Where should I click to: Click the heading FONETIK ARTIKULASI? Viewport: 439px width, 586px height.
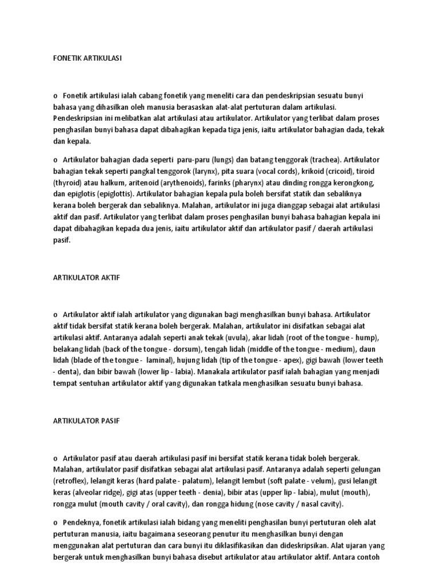coord(87,58)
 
